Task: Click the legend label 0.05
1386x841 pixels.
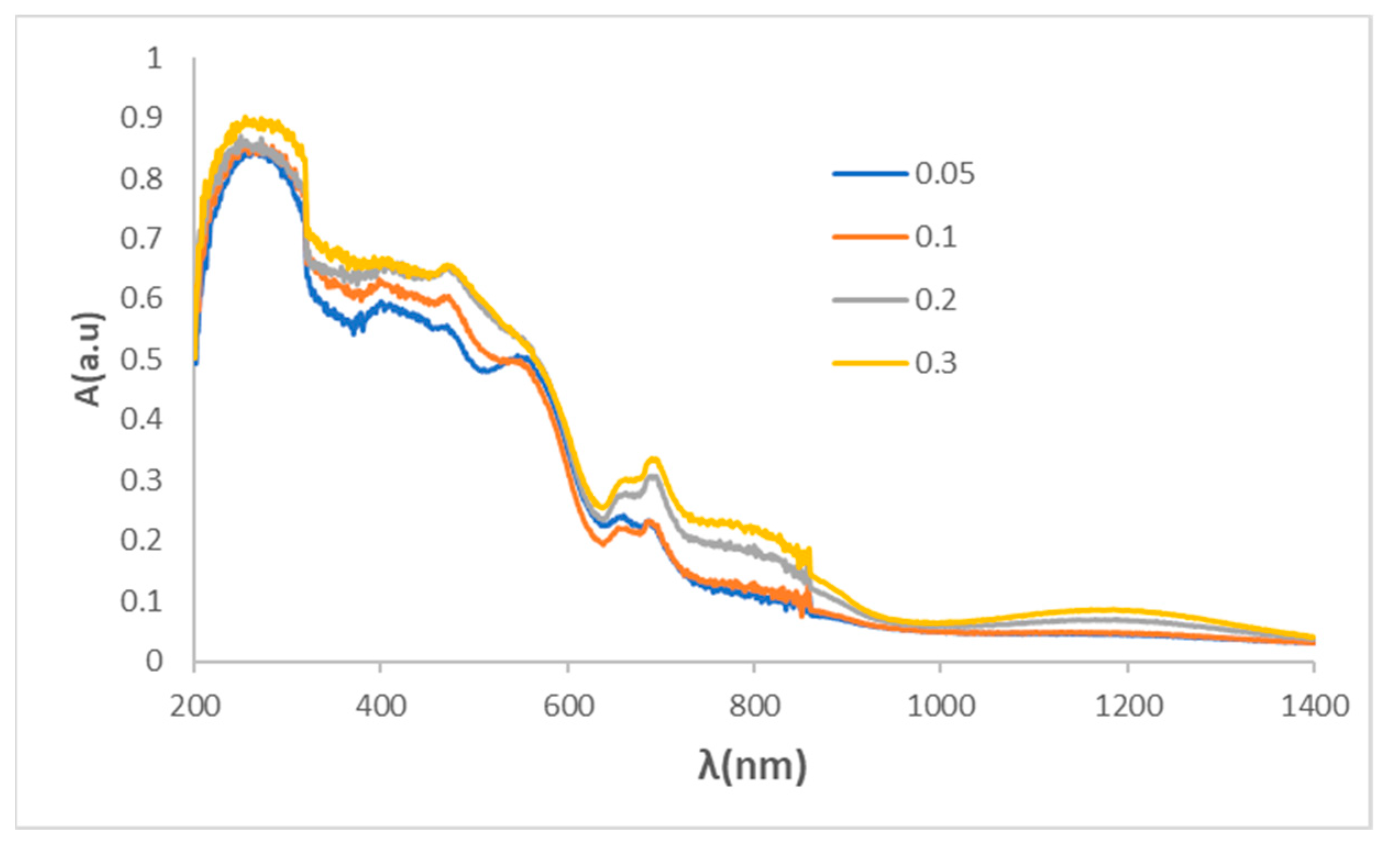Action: tap(945, 174)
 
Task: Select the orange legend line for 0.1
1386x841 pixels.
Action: tap(870, 237)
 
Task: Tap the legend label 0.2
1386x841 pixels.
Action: tap(935, 299)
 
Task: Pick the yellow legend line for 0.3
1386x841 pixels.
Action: tap(870, 363)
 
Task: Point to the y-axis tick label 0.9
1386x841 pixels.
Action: tap(141, 118)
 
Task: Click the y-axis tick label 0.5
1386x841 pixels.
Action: tap(141, 360)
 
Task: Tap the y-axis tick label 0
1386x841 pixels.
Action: tap(154, 661)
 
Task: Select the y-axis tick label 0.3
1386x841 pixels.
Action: tap(141, 481)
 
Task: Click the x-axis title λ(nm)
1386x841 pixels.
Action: tap(753, 766)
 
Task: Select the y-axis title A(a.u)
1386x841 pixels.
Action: tap(89, 360)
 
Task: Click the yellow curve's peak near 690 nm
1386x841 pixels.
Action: tap(654, 460)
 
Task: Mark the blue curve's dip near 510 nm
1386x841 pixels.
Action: tap(485, 371)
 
